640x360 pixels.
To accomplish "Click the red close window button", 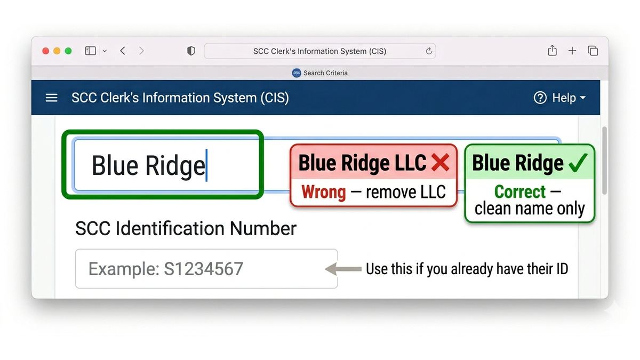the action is (x=45, y=51).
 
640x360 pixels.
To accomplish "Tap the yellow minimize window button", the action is (x=57, y=51).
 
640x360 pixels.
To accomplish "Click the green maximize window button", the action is (x=68, y=51).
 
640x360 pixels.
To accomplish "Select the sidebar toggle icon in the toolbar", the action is (x=91, y=51).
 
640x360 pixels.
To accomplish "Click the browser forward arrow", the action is (x=141, y=51).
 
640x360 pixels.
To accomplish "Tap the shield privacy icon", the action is (x=191, y=51).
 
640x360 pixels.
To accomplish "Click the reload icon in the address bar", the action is (x=429, y=51).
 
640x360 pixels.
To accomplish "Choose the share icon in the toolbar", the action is (x=553, y=51).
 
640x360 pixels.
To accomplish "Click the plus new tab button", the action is (x=572, y=51).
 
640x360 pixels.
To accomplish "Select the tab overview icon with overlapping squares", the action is (x=593, y=51).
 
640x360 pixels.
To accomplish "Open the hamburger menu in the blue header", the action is (x=51, y=98).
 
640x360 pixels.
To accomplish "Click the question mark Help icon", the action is (x=540, y=98).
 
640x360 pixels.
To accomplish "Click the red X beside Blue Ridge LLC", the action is (x=441, y=162).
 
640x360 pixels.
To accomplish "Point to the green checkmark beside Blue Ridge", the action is (x=578, y=162).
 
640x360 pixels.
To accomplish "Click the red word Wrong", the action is (x=323, y=191).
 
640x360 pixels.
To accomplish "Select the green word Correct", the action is (x=520, y=191).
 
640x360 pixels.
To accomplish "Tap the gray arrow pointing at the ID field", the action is (x=343, y=269).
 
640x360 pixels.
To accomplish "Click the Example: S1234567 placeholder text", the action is (x=166, y=269).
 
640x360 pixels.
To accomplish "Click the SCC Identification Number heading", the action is (x=186, y=229).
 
